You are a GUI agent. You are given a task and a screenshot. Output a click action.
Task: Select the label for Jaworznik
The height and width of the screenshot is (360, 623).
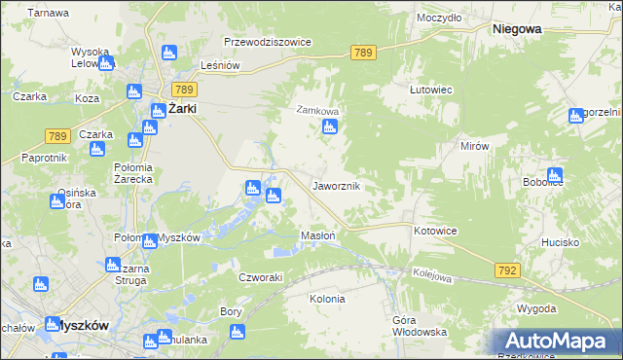(337, 185)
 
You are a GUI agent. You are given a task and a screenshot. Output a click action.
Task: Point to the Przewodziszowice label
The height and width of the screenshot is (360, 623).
(267, 43)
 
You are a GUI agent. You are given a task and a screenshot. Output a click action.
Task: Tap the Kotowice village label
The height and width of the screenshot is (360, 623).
(435, 231)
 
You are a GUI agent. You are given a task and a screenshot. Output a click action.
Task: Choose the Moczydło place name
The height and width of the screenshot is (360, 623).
(439, 18)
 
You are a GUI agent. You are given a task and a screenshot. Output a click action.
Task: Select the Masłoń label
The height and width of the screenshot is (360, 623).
(319, 235)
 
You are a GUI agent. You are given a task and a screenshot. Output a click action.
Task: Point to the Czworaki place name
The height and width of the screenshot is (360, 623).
(261, 277)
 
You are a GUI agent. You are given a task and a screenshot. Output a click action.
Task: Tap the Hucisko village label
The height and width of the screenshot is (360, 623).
(561, 241)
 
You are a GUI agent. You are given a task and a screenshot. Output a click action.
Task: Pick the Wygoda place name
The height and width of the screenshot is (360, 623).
(537, 308)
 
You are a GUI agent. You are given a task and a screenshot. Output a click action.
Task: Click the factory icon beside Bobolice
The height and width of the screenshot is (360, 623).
(554, 176)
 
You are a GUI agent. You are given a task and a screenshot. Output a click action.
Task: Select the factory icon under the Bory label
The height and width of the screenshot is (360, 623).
(238, 333)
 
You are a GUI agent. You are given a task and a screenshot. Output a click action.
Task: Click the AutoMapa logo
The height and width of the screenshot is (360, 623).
(557, 341)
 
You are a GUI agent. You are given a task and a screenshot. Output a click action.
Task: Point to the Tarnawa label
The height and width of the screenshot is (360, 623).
(48, 13)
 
